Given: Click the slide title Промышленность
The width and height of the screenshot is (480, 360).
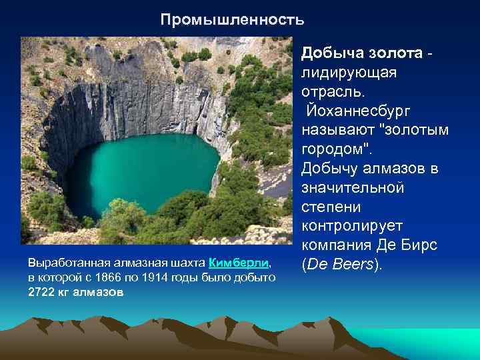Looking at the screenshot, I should click(x=232, y=20).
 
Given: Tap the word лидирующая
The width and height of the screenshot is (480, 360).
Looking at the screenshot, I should click(x=349, y=72).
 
